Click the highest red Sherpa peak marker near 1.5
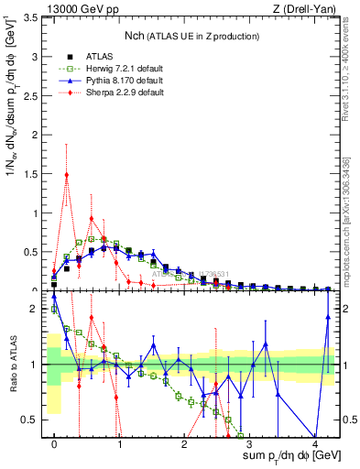pos(67,175)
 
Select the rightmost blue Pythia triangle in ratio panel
pos(327,317)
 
